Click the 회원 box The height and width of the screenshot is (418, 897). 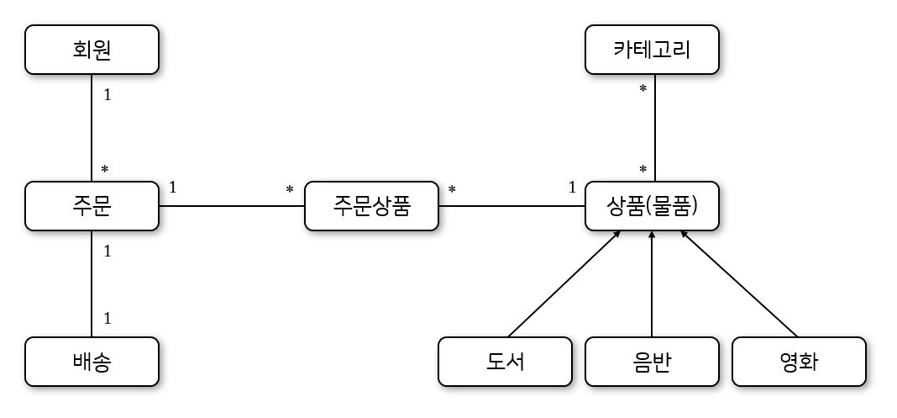[92, 50]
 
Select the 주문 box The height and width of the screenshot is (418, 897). [92, 206]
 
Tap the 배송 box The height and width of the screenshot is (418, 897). [92, 362]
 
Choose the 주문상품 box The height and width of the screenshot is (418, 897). [371, 206]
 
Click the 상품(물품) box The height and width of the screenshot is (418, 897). [652, 206]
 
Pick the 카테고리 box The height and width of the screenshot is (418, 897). [652, 50]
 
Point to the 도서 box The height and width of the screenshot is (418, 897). [505, 362]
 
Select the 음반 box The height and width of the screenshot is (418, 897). [652, 362]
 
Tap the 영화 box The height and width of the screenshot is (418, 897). [799, 362]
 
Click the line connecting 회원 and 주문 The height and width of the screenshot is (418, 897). [92, 126]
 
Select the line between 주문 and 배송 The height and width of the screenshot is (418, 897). [92, 283]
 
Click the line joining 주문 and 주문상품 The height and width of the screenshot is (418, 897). [231, 206]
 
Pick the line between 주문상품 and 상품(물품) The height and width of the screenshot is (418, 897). [511, 206]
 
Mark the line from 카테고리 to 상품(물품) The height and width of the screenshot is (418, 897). [654, 126]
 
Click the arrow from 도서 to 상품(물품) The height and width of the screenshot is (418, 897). [563, 283]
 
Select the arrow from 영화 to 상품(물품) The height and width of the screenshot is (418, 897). [739, 283]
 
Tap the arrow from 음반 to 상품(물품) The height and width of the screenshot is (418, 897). [652, 283]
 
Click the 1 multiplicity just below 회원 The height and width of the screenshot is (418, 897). [107, 95]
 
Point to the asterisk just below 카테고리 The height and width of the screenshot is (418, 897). [643, 89]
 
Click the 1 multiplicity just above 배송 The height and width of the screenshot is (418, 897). [107, 319]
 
